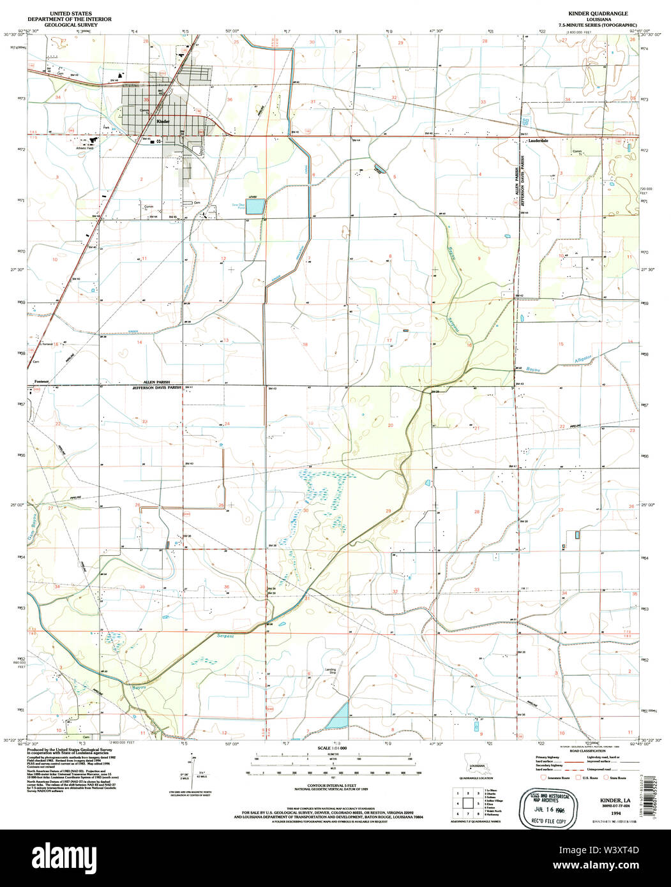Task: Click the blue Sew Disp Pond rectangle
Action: pos(256,206)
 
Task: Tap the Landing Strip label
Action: pos(331,671)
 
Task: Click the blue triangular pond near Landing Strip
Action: pos(338,715)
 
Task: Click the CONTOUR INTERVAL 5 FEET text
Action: pos(332,785)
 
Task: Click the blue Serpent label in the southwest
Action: pos(225,636)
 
